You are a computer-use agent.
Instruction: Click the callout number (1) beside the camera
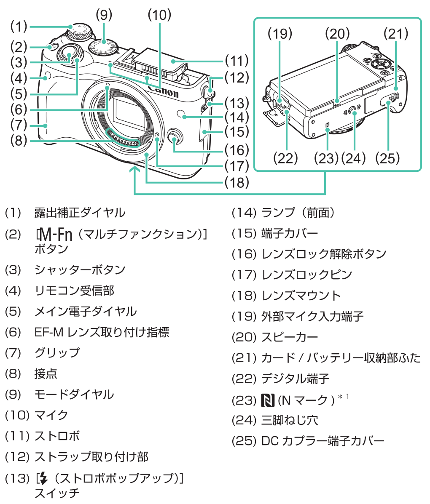coord(19,27)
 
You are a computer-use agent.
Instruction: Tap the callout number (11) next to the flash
coord(236,60)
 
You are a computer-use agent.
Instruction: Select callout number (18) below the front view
coord(236,182)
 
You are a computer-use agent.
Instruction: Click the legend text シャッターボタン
coord(80,269)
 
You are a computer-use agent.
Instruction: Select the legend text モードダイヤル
coord(74,395)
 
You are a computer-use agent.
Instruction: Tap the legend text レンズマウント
coord(301,296)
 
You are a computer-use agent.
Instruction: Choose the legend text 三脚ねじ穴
coord(290,420)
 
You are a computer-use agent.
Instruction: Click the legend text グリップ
coord(57,352)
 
